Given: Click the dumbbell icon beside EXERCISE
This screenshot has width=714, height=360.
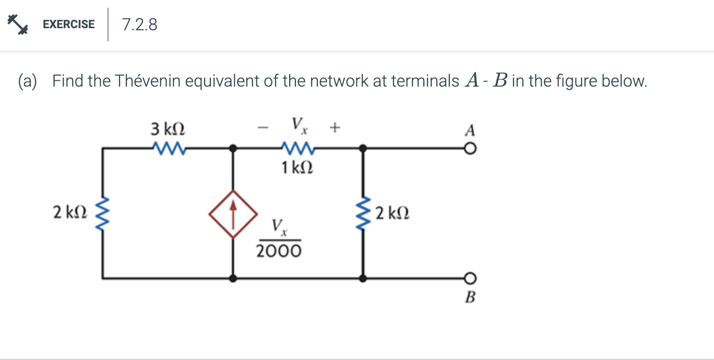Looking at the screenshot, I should click(17, 24).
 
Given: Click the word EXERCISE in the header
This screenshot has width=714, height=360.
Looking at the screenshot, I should click(68, 25).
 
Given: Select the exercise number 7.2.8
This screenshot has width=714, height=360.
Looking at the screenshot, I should click(139, 25).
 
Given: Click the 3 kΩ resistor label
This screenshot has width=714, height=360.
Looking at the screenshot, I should click(168, 128).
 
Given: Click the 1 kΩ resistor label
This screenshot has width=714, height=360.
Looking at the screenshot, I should click(297, 168).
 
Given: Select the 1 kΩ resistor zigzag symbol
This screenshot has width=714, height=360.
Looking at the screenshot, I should click(297, 149).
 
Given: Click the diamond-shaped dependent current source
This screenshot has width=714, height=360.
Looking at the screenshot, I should click(233, 213).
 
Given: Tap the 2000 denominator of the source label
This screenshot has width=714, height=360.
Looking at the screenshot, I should click(279, 251).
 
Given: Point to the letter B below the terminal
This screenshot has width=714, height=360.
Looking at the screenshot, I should click(470, 298).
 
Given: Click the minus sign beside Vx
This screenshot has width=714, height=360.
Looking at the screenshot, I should click(265, 127).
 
